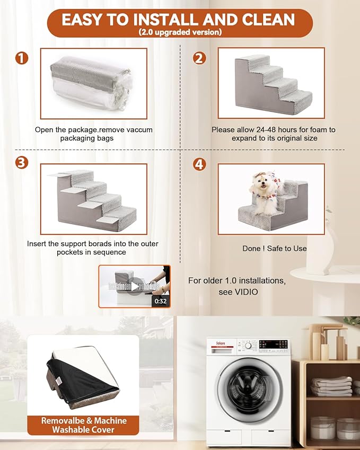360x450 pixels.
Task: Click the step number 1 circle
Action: pyautogui.click(x=22, y=58)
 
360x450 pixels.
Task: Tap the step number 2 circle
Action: pyautogui.click(x=199, y=58)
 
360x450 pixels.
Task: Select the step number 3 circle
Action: pyautogui.click(x=22, y=163)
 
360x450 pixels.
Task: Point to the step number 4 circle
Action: pyautogui.click(x=199, y=164)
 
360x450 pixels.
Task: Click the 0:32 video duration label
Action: pyautogui.click(x=160, y=301)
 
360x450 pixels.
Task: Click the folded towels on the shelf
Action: pyautogui.click(x=331, y=386)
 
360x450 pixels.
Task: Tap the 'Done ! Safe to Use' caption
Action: pyautogui.click(x=274, y=248)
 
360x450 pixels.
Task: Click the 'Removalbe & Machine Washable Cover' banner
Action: pyautogui.click(x=84, y=425)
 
